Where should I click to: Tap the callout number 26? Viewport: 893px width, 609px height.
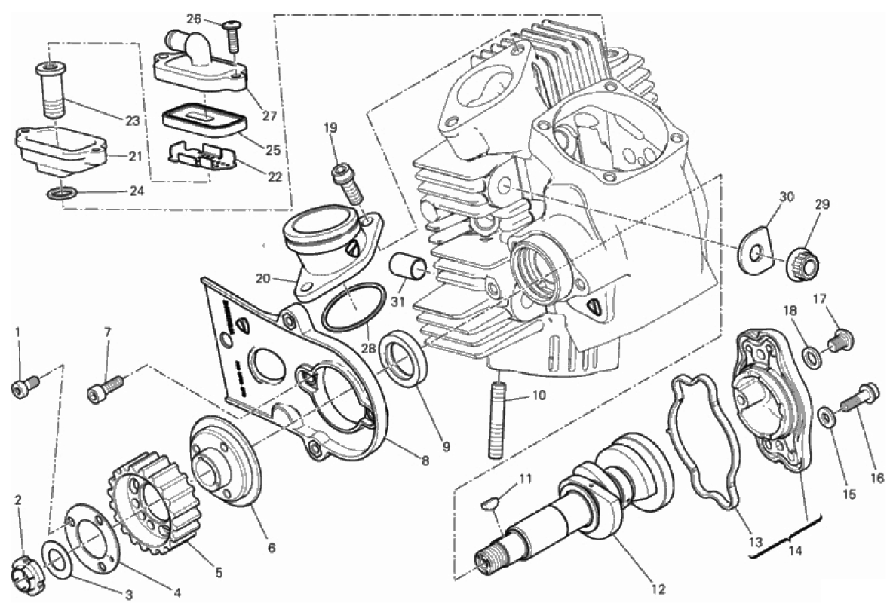(195, 19)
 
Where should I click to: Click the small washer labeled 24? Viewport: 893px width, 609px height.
(61, 195)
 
